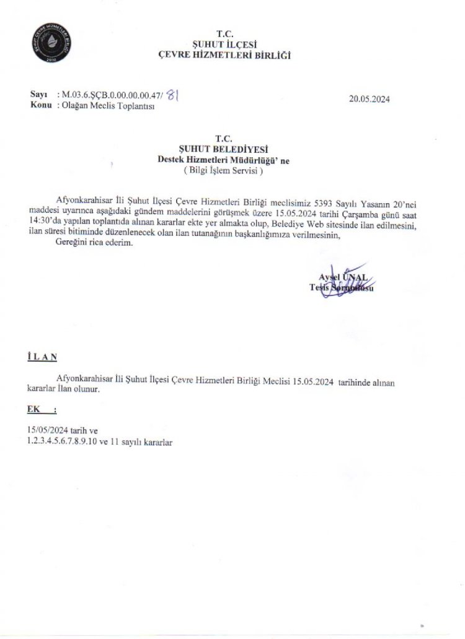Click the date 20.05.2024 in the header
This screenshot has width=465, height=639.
tap(369, 98)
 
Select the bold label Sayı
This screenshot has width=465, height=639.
tap(38, 95)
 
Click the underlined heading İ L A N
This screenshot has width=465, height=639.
tap(42, 357)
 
